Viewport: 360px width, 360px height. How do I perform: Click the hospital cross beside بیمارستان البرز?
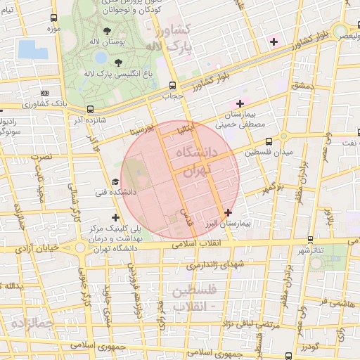click(228, 212)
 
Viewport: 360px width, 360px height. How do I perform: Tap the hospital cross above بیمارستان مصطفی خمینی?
click(240, 103)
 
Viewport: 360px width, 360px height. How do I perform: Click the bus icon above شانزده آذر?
click(89, 109)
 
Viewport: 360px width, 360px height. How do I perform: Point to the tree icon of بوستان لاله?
click(106, 31)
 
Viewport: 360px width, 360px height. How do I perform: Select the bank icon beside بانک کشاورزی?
click(46, 92)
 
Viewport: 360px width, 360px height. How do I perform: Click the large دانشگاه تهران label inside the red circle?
click(200, 161)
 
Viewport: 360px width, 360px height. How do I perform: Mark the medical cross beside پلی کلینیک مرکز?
click(115, 217)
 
